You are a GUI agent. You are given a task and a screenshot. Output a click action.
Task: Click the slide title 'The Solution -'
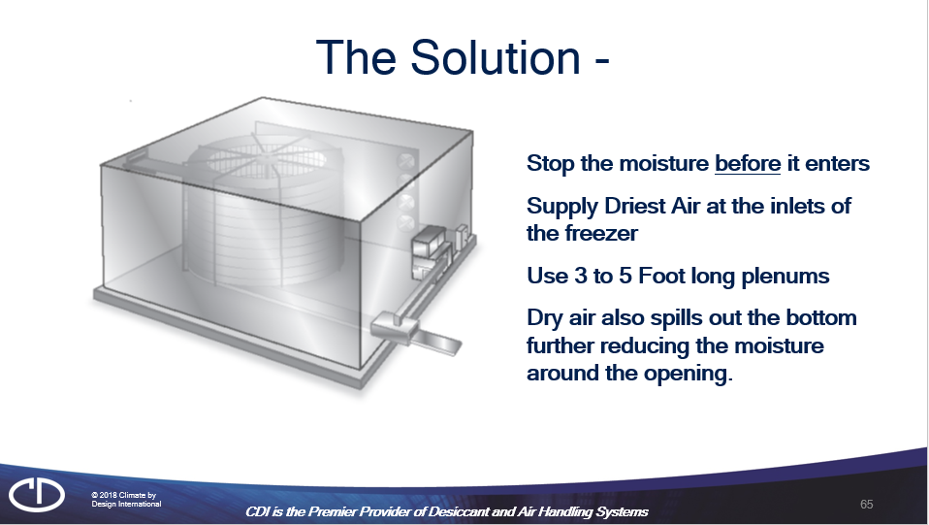click(x=463, y=57)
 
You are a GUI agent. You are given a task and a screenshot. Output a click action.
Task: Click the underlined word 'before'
click(x=747, y=163)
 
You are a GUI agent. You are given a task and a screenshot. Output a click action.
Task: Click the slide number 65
click(x=866, y=504)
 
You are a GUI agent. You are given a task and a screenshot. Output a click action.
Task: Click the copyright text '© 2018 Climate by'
click(x=123, y=495)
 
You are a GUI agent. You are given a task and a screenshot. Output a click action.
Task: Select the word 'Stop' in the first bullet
click(x=549, y=163)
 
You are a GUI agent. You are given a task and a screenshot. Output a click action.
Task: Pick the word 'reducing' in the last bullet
click(x=639, y=346)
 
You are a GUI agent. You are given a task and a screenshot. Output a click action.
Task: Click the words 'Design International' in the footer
click(x=126, y=504)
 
